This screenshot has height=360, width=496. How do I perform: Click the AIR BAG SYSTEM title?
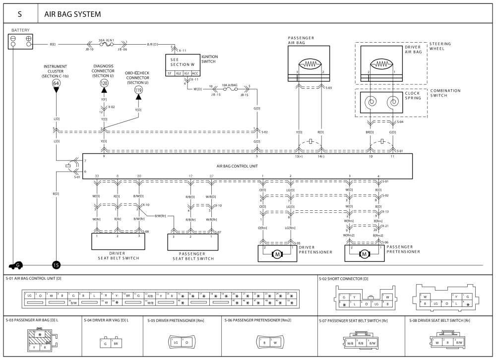[72, 14]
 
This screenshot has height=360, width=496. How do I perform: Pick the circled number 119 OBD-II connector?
[138, 90]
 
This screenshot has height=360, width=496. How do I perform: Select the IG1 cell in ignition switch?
[186, 73]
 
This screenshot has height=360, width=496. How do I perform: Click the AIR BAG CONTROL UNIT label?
[238, 167]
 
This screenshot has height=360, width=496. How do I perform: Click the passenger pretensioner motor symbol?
[365, 254]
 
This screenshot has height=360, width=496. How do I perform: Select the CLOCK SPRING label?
[412, 96]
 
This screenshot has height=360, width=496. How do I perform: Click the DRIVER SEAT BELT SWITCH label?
[116, 255]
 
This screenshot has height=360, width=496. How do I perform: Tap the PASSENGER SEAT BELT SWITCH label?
[193, 255]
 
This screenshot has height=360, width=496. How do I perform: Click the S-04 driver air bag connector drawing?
[110, 343]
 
